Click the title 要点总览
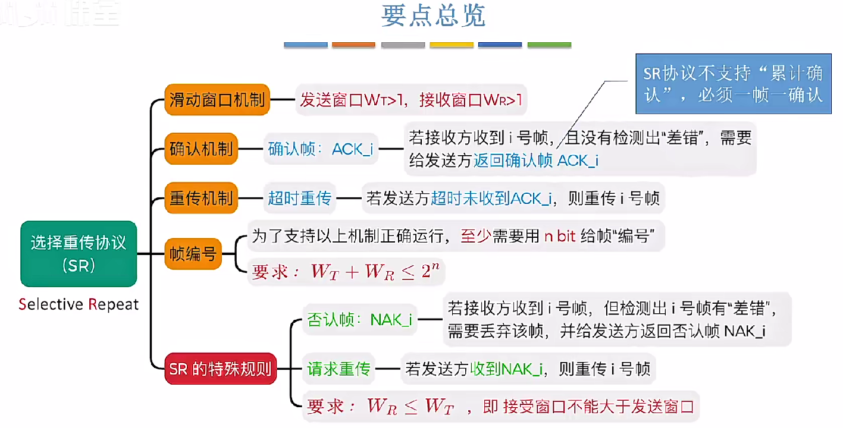click(433, 17)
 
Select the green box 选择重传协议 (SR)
click(79, 254)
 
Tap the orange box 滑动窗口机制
click(217, 99)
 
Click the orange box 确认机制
click(201, 149)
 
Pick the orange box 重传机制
click(201, 198)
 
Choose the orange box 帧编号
click(193, 255)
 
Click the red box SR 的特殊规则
click(220, 369)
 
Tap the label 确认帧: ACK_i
click(321, 149)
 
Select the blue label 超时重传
click(299, 198)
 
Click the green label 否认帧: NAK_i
click(359, 320)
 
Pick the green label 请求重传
click(339, 369)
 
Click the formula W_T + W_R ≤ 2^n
click(376, 272)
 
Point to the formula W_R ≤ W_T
click(410, 407)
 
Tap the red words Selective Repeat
click(79, 304)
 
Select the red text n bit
click(560, 237)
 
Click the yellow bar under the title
click(452, 45)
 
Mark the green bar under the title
click(549, 45)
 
